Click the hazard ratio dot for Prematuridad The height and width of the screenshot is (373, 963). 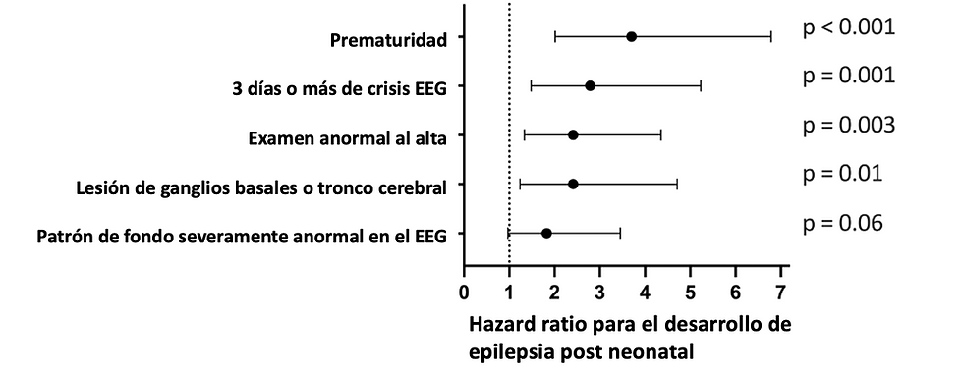631,37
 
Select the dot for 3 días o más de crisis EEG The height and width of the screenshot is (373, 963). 590,86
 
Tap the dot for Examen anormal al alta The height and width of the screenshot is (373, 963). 573,134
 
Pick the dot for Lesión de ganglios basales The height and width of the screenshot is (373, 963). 573,184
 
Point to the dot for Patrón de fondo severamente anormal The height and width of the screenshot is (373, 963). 546,233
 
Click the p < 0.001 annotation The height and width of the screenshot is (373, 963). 848,27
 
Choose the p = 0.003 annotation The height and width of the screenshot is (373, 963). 848,125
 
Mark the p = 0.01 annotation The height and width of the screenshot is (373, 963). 842,174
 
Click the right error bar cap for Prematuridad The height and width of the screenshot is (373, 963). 770,37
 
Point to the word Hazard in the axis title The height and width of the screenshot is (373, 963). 504,324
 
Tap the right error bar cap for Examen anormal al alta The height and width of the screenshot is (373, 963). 660,134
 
